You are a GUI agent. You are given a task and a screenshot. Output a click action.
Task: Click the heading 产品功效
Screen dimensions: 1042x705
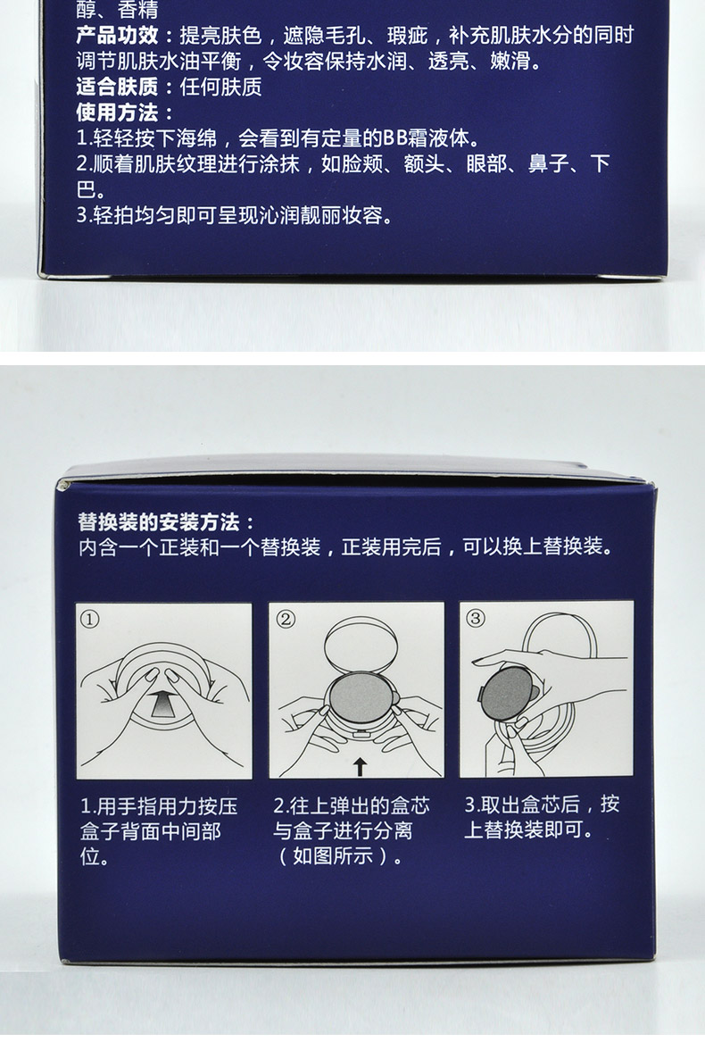[118, 36]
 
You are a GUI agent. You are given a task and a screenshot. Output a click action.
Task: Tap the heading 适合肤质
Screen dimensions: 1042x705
[118, 88]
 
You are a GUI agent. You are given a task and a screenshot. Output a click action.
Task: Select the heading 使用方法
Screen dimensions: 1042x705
[118, 113]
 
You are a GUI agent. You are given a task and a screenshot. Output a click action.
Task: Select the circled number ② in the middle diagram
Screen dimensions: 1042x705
[285, 618]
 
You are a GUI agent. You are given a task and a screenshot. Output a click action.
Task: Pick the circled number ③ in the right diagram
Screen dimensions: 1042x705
[475, 618]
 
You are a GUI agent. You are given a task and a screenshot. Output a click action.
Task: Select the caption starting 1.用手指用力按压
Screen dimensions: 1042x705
[159, 830]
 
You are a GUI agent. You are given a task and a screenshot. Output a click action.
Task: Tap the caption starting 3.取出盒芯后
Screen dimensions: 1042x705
[541, 817]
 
